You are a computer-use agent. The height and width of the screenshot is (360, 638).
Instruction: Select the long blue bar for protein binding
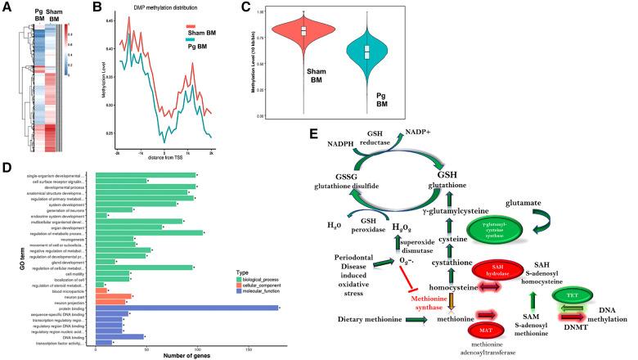coord(187,286)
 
